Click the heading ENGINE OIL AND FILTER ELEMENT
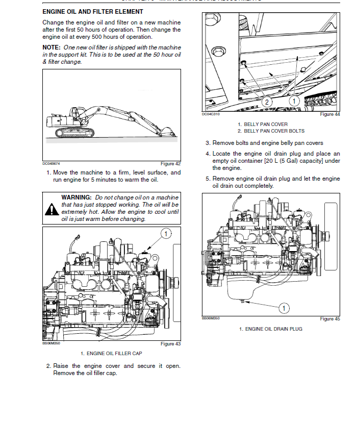pos(93,11)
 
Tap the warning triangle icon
pos(52,209)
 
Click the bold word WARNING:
pos(76,197)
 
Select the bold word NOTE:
pos(52,47)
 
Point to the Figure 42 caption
pos(170,164)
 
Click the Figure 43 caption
pos(170,344)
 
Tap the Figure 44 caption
pos(329,114)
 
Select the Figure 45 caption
pos(329,319)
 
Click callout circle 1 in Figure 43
pos(166,234)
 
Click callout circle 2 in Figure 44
pos(266,102)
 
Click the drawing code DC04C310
pos(210,114)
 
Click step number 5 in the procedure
pos(208,179)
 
